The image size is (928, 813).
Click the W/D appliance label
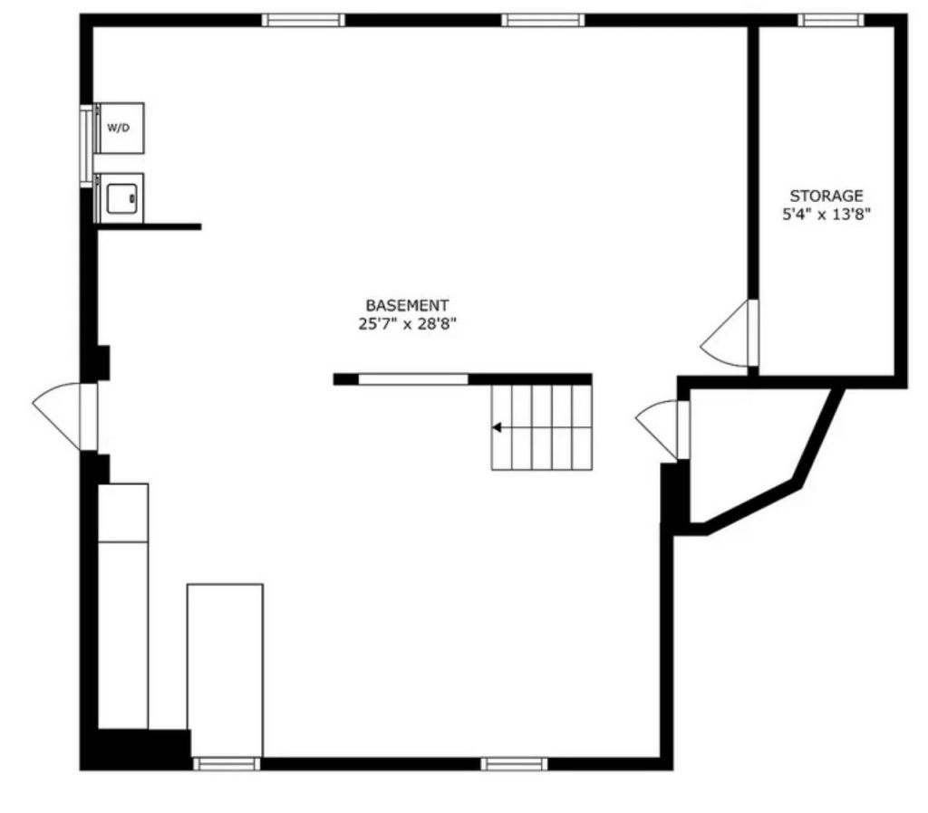119,128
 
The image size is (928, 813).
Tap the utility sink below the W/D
121,197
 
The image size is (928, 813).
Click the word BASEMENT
407,306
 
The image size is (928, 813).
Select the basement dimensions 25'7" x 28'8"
407,323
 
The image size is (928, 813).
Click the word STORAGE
826,196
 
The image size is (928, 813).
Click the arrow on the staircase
498,426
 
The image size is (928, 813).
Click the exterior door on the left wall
63,415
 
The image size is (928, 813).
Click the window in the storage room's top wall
830,19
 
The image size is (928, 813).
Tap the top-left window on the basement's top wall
303,19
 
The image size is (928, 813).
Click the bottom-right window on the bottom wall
514,764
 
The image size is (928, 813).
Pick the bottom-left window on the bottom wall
227,764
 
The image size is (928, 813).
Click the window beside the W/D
87,145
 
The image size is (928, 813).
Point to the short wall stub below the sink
150,226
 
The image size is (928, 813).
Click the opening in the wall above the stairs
413,379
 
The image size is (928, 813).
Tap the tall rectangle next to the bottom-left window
225,669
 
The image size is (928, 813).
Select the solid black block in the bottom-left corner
136,749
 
